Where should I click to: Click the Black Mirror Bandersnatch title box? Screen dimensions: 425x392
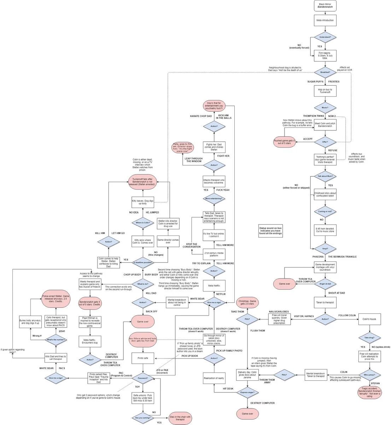click(325, 6)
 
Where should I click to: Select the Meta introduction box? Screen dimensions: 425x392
click(325, 20)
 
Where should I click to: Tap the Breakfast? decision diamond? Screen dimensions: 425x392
click(325, 72)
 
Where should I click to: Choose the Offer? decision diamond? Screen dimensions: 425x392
click(325, 142)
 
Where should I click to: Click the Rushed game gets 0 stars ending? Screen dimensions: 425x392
click(285, 142)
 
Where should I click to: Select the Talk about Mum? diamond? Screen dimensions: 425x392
click(325, 176)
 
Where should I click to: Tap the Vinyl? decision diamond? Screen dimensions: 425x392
click(325, 249)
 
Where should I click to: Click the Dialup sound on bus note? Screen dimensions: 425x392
click(270, 231)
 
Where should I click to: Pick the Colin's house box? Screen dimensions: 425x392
click(369, 319)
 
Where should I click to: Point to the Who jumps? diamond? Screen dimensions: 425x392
click(369, 375)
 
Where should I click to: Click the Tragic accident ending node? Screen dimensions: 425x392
click(369, 392)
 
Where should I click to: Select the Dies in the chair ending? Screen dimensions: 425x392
click(181, 418)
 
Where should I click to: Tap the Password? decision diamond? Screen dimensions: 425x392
click(143, 378)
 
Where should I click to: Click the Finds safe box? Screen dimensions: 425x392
click(143, 358)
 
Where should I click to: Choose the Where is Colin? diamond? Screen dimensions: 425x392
click(143, 223)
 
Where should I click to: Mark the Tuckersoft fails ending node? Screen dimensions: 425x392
click(143, 182)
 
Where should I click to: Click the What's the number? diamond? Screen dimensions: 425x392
click(55, 340)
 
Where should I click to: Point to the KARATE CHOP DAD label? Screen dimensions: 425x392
click(201, 116)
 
